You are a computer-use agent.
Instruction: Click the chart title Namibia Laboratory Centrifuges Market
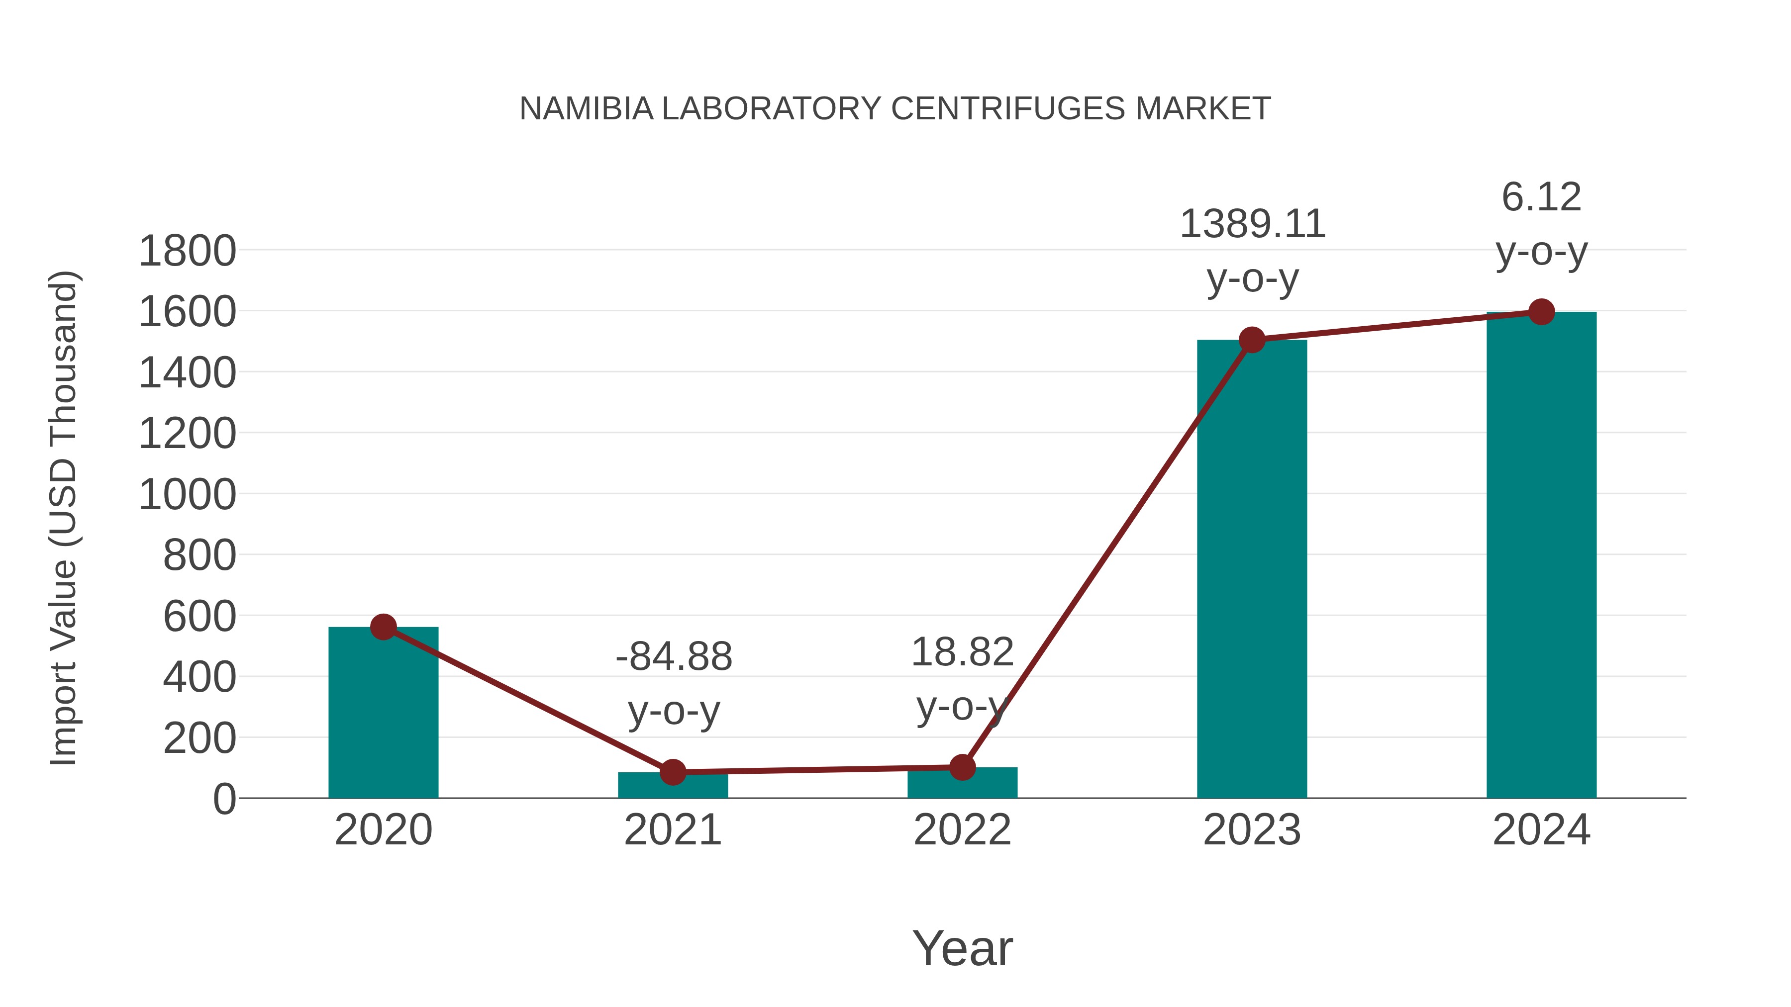point(895,109)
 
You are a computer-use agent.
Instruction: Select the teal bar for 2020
point(383,716)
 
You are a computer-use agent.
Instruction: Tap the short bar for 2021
point(672,787)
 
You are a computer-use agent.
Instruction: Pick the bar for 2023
point(1252,570)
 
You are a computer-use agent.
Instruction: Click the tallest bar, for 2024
point(1541,556)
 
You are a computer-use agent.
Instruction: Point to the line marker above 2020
point(383,627)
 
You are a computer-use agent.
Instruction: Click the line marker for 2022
point(962,767)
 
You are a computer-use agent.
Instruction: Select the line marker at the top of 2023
point(1252,340)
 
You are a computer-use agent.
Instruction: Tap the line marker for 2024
point(1541,312)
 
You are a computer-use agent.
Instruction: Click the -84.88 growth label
point(674,657)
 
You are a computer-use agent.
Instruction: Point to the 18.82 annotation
point(962,652)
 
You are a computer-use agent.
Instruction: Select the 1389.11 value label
point(1252,224)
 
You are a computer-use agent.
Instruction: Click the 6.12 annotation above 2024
point(1541,197)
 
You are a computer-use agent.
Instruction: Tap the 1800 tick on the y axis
point(187,251)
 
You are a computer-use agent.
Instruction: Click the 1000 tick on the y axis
point(187,495)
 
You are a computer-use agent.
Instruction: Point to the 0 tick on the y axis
point(224,799)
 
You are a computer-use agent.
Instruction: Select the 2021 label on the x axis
point(672,830)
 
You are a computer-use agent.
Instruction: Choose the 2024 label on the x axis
point(1541,830)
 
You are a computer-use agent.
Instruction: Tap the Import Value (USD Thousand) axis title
point(64,518)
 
